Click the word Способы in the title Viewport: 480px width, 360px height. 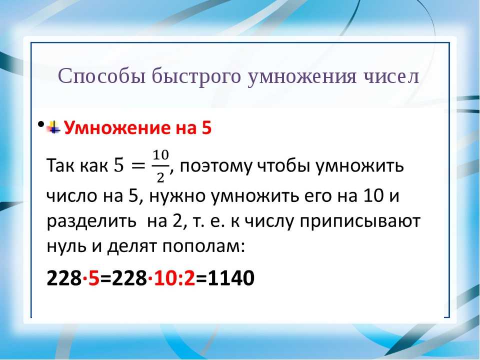(x=101, y=76)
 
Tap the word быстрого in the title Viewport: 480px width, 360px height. (x=196, y=76)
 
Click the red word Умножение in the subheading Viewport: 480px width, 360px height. (x=118, y=127)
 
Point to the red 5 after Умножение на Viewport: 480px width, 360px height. (x=206, y=128)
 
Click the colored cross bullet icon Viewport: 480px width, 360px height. (x=54, y=127)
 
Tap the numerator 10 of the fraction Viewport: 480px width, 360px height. (x=160, y=155)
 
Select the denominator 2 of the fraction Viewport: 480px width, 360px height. (x=160, y=177)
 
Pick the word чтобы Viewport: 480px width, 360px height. (x=284, y=166)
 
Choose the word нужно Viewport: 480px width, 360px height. (x=177, y=196)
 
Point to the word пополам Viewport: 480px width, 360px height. (x=203, y=246)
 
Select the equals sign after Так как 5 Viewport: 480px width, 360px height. (x=137, y=166)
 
